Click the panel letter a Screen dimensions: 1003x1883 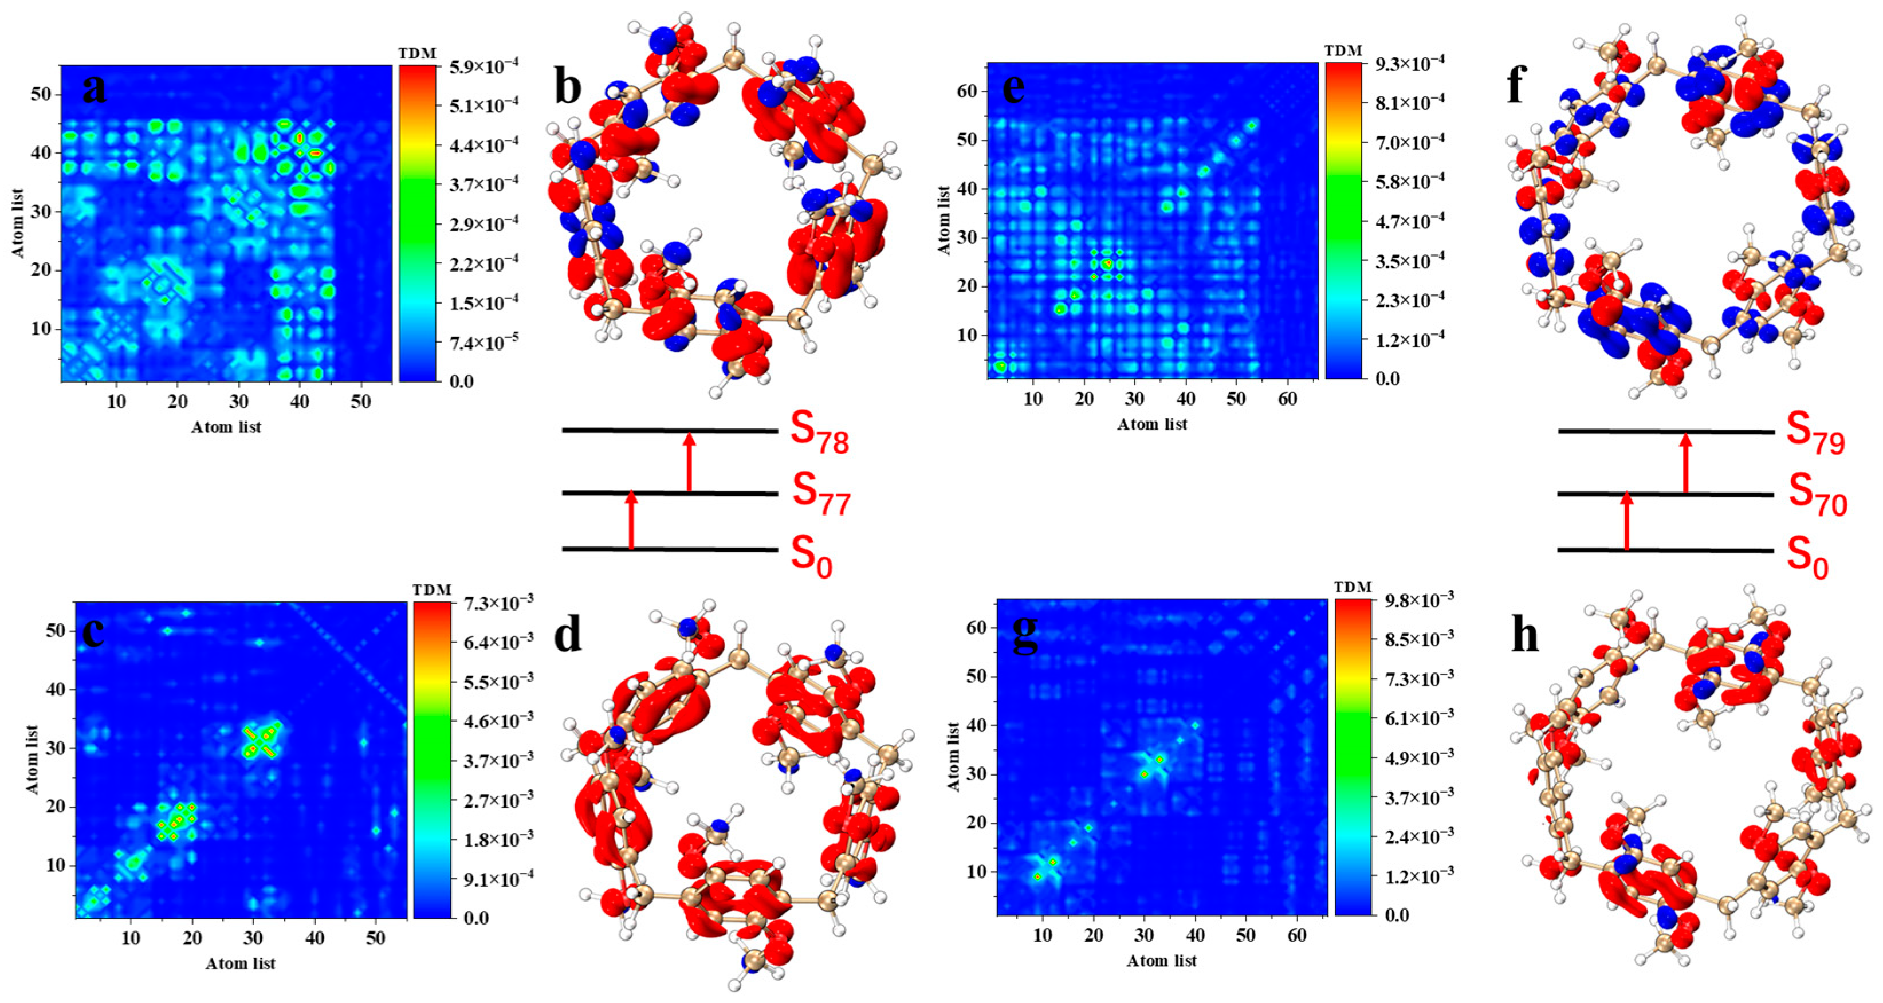tap(93, 90)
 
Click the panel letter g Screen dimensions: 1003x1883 tap(1024, 635)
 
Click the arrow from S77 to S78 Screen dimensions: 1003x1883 tap(689, 462)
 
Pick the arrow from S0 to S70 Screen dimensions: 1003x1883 tap(1626, 521)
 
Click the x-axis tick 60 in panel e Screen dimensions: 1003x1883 tap(1287, 399)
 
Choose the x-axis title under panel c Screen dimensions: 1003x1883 tap(241, 963)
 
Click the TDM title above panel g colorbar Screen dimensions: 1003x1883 tap(1353, 587)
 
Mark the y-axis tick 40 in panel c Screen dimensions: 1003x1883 tap(56, 689)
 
